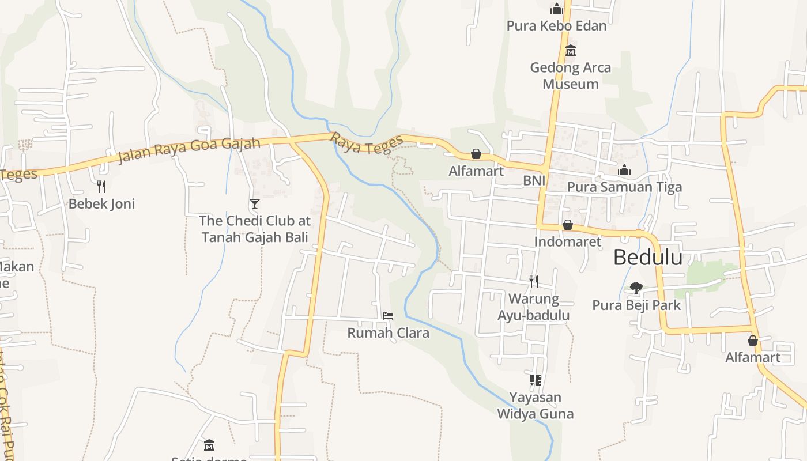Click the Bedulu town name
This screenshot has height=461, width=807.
(647, 257)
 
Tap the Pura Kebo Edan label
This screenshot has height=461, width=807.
(556, 26)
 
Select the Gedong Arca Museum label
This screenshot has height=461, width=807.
(571, 75)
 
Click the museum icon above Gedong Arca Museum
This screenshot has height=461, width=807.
(571, 51)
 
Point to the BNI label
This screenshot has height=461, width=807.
(534, 181)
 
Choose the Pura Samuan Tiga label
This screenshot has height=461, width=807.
(624, 187)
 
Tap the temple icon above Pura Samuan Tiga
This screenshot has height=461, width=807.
(624, 170)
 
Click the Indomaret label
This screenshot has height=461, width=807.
(568, 241)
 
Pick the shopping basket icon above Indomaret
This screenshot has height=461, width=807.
(568, 225)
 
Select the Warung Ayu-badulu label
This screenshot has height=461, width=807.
(534, 307)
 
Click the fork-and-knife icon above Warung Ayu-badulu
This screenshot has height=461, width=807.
(534, 281)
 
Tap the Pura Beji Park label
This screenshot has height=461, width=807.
(636, 305)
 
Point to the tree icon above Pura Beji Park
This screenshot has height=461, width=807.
(636, 288)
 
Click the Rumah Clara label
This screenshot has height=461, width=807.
(388, 332)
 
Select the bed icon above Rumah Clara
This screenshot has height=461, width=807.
(388, 316)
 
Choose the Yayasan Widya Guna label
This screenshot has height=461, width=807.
(535, 406)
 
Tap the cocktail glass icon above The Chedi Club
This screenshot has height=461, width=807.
(254, 203)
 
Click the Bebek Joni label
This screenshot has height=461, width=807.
(101, 203)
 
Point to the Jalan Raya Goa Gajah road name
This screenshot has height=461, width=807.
(189, 150)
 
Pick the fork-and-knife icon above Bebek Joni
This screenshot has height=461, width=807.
(101, 186)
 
